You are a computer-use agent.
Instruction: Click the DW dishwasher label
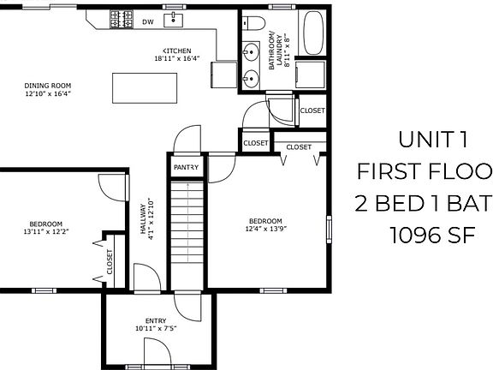[x=148, y=21]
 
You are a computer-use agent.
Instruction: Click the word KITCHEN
[x=177, y=51]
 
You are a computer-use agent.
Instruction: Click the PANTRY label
[x=186, y=167]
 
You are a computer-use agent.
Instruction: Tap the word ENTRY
[x=155, y=321]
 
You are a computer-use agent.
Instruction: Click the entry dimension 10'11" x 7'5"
[x=155, y=329]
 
